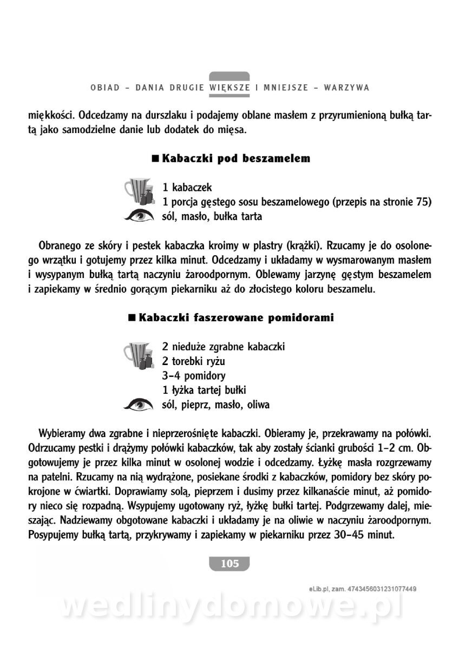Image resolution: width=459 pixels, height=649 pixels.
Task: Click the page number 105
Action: [229, 564]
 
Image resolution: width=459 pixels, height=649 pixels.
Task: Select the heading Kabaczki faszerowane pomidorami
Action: [236, 317]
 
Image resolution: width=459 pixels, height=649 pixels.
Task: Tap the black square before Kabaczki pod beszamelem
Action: [156, 158]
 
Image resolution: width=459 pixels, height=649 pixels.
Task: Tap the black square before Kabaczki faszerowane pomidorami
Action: [131, 317]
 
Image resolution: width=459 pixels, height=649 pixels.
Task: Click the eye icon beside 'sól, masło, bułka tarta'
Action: [139, 216]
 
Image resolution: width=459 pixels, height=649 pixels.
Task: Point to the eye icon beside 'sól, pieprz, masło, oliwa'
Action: [139, 404]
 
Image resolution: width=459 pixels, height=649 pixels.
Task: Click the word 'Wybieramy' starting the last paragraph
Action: [60, 434]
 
